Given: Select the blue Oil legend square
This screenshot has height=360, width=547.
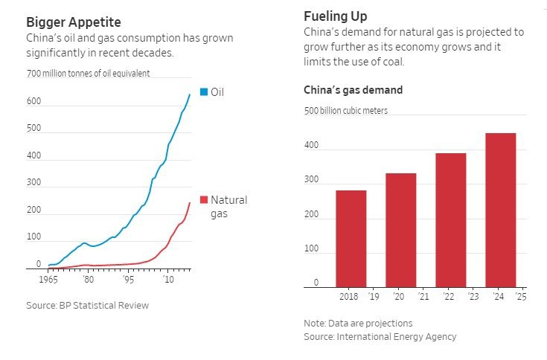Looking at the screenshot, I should tap(204, 93).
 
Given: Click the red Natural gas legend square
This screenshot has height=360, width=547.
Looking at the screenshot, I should tap(204, 200).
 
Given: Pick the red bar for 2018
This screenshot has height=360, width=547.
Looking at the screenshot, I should tap(351, 239).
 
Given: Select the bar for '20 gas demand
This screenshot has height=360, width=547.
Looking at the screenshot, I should tap(400, 231).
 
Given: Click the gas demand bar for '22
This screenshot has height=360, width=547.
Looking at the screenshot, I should tap(450, 220).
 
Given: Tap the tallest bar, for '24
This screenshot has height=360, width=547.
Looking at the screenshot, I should tap(500, 210).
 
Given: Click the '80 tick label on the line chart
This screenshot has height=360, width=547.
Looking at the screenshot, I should tap(89, 280).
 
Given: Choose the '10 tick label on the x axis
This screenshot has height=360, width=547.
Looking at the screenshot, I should tap(170, 280).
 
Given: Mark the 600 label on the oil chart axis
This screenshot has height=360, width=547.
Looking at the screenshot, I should tap(34, 100).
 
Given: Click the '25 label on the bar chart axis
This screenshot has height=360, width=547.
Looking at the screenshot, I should tap(521, 298).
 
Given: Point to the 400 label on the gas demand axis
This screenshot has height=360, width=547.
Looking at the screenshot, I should tap(311, 146).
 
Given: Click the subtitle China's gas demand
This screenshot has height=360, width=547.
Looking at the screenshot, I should tap(353, 90).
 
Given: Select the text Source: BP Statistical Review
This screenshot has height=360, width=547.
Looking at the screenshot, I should tap(87, 305).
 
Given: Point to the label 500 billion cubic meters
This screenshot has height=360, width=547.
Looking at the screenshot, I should tap(345, 111).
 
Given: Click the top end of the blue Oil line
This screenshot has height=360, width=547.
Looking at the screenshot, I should tap(189, 94).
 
